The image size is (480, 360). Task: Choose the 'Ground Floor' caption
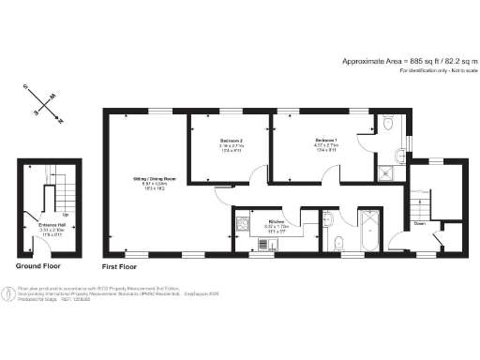[37, 267]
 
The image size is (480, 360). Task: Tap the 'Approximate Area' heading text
[383, 60]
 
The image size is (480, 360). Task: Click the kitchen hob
[241, 225]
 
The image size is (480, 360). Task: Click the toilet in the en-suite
[387, 122]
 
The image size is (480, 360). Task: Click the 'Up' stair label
[64, 215]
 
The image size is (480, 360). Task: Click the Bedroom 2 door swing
[223, 193]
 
